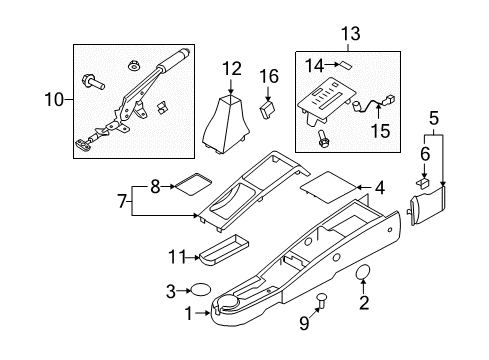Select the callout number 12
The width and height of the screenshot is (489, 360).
pos(232,69)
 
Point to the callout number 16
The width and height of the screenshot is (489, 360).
pos(268,76)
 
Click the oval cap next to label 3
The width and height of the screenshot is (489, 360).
pos(200,291)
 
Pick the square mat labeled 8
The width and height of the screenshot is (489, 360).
pos(189,186)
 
